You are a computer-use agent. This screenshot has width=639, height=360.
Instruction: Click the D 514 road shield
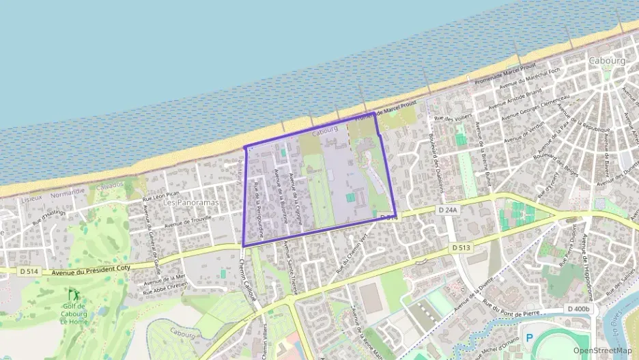[x=29, y=271]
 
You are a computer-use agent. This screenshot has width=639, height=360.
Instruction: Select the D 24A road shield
[x=448, y=210]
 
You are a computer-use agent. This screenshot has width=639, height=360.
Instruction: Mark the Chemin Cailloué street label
[x=250, y=280]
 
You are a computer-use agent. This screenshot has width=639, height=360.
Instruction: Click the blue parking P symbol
[x=528, y=338]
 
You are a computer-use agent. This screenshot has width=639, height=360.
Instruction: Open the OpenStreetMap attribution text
[x=602, y=350]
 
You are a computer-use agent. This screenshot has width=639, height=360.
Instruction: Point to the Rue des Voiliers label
[x=453, y=117]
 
